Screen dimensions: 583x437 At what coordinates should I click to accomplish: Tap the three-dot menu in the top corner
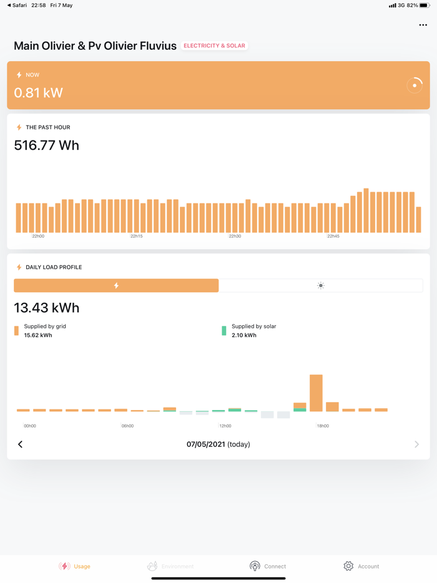[x=423, y=26]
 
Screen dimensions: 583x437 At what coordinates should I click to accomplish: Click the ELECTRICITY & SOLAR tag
[x=214, y=46]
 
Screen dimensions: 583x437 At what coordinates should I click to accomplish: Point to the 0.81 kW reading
[x=39, y=93]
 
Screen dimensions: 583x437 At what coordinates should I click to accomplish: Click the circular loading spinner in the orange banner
[x=415, y=86]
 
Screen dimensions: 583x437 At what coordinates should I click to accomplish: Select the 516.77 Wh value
[x=47, y=145]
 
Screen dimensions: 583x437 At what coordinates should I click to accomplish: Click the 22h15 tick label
[x=137, y=237]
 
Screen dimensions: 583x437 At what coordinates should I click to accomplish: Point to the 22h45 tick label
[x=333, y=237]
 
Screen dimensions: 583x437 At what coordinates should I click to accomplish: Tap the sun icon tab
[x=321, y=285]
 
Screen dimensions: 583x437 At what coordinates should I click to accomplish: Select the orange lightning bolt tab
[x=116, y=285]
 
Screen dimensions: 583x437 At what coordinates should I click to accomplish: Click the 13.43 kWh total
[x=47, y=308]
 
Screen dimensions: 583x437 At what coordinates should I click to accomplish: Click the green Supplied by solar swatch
[x=224, y=331]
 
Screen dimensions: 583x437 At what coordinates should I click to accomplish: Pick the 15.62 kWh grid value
[x=38, y=335]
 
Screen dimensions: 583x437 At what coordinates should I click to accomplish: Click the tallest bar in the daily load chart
[x=316, y=393]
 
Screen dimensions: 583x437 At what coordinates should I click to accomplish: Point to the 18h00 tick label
[x=323, y=426]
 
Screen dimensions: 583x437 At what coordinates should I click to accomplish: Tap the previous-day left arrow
[x=20, y=444]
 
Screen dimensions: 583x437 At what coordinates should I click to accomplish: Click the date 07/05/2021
[x=205, y=444]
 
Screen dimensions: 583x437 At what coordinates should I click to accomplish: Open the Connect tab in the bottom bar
[x=268, y=566]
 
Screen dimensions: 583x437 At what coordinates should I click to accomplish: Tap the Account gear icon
[x=348, y=566]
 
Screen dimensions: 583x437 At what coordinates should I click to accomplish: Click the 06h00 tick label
[x=127, y=426]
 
